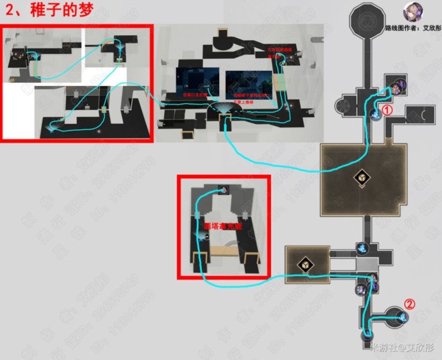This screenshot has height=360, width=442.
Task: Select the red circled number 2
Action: tap(409, 304)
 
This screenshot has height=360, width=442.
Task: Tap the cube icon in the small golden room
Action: tap(305, 265)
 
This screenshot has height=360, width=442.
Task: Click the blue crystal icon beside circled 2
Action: tap(401, 316)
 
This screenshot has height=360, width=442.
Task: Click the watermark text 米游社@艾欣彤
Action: tap(402, 348)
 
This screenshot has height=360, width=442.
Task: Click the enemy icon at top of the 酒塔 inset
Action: tap(223, 189)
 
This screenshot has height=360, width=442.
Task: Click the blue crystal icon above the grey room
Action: tap(361, 248)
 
